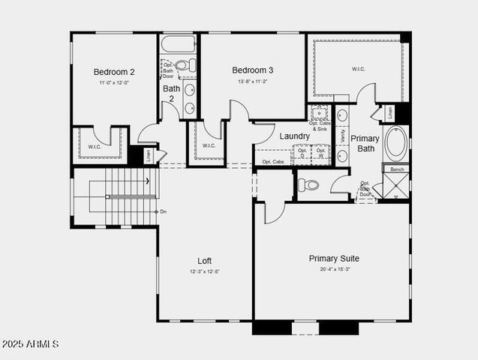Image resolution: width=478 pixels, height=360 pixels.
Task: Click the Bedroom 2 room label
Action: click(114, 72)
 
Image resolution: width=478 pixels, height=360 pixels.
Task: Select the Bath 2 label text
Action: click(171, 94)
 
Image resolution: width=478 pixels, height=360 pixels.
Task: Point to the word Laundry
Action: click(294, 136)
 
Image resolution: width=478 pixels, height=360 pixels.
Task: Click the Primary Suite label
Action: click(334, 259)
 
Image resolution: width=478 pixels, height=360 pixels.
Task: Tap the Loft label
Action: click(204, 261)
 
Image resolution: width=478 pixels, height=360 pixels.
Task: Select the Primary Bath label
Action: click(365, 143)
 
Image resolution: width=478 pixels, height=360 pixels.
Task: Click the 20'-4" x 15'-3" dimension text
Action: click(334, 269)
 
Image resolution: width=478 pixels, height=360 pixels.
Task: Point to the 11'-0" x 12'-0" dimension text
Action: click(114, 82)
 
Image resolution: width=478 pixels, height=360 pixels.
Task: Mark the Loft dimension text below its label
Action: click(204, 271)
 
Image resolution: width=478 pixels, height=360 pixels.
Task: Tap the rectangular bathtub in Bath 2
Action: click(179, 43)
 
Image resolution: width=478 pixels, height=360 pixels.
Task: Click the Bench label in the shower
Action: click(396, 169)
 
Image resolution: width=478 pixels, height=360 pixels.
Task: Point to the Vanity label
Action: click(343, 136)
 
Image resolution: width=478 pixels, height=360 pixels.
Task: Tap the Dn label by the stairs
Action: click(163, 211)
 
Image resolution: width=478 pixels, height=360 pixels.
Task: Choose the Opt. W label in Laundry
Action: click(320, 153)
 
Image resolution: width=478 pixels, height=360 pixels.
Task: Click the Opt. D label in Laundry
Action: click(302, 153)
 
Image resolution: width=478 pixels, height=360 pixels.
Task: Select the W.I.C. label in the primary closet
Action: click(358, 69)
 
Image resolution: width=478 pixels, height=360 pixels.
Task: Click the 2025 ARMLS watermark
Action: click(30, 344)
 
